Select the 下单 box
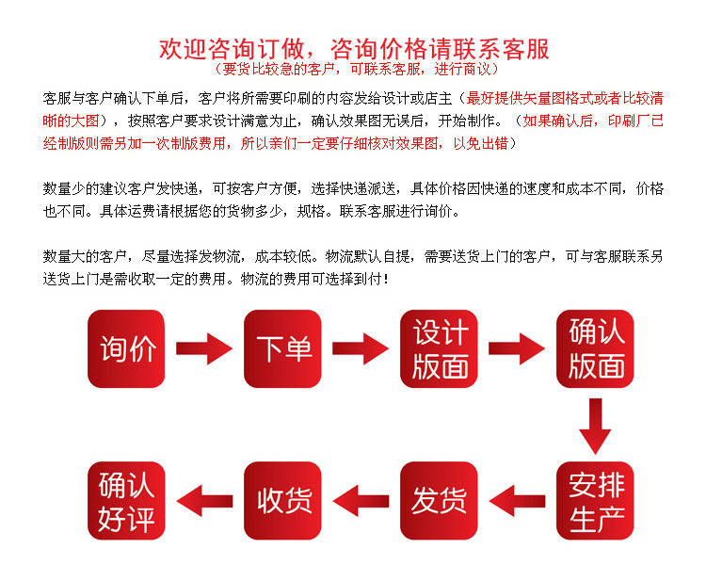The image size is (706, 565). pos(283,348)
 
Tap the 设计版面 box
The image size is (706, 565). pos(440,348)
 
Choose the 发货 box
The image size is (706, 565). pos(440,501)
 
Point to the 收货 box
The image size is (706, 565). pos(283,501)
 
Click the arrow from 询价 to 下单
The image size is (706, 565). pos(204,348)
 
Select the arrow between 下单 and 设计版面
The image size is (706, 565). pos(361,348)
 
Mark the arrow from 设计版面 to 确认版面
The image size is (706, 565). pos(518,348)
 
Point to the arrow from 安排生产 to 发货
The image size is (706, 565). pos(518,501)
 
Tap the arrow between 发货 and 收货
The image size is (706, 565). pos(361,501)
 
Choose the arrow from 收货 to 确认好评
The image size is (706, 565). pos(204,501)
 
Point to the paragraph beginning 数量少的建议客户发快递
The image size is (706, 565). pos(353,200)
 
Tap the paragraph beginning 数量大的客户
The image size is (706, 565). pos(353,267)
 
